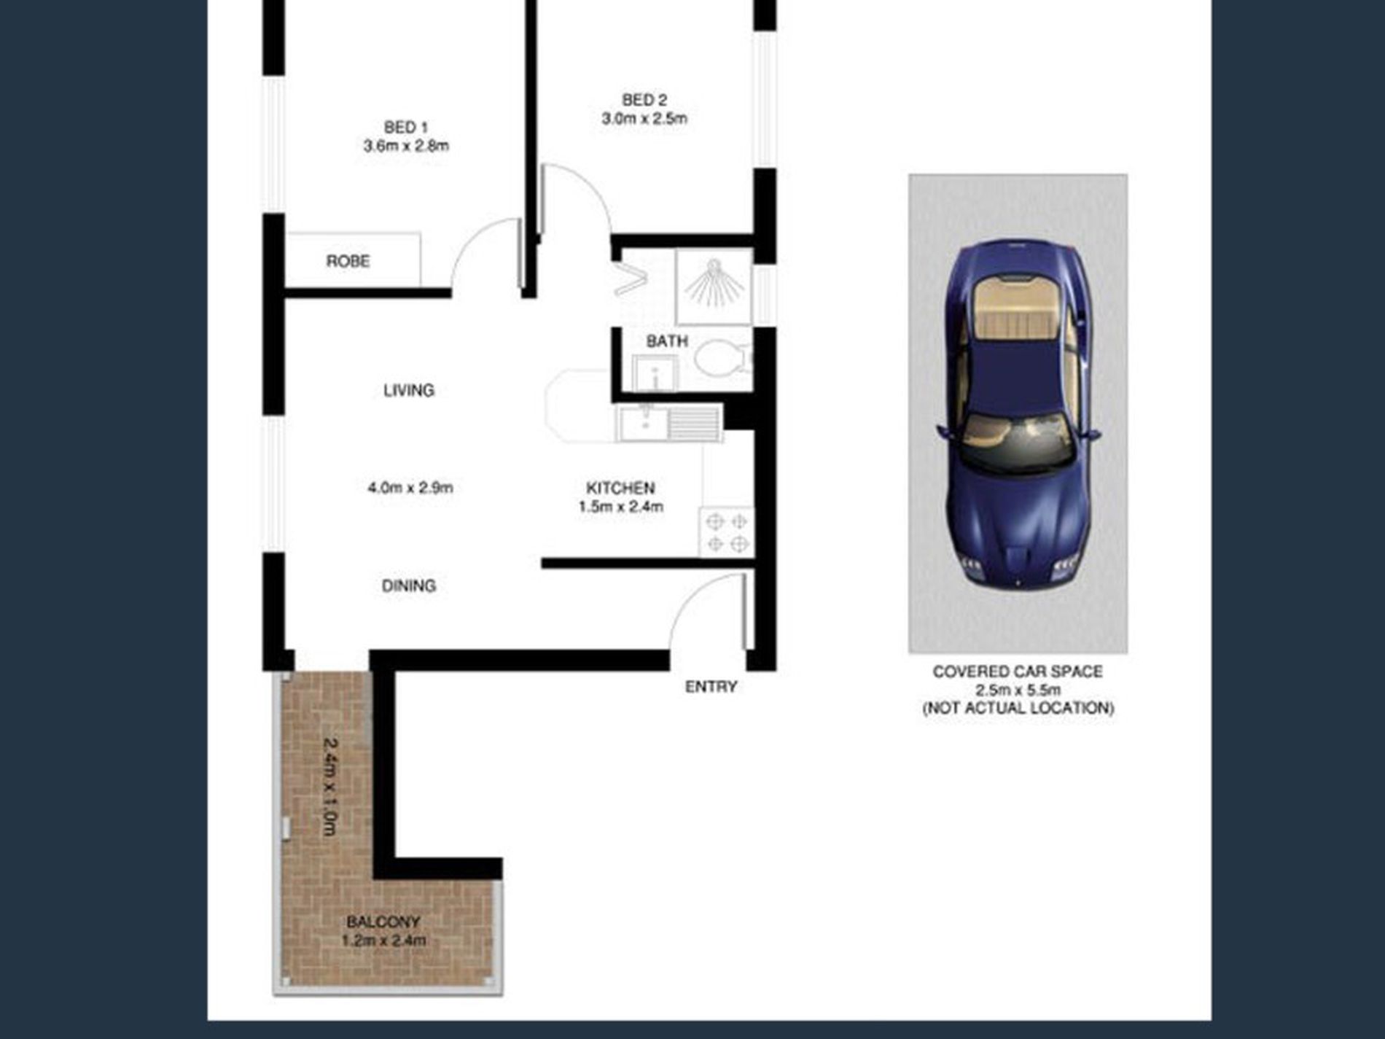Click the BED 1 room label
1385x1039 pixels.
pos(406,128)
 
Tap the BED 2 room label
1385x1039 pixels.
pos(644,100)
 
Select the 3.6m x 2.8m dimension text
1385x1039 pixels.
pos(406,146)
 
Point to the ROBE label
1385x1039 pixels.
pos(348,261)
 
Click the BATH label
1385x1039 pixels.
pos(667,341)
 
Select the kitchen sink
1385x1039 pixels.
pos(669,423)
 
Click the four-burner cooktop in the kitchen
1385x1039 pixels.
pos(727,532)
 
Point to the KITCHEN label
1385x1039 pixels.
pos(620,488)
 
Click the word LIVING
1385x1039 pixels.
pos(409,390)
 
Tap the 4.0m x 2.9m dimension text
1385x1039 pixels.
pos(410,487)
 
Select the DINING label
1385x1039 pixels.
pos(409,585)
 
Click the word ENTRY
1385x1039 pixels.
pos(711,687)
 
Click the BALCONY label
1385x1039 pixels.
pos(383,922)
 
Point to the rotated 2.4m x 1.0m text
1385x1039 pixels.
pos(330,787)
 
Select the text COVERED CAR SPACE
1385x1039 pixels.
pos(1018,672)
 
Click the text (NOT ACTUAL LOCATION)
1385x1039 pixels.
pos(1018,708)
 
